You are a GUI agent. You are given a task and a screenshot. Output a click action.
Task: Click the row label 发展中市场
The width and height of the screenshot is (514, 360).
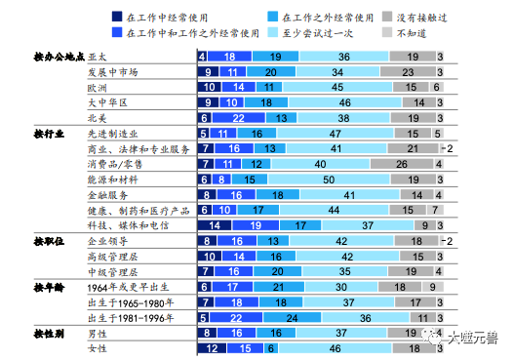point(112,72)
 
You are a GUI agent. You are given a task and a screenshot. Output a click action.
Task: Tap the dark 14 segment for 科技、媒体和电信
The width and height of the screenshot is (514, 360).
point(215,224)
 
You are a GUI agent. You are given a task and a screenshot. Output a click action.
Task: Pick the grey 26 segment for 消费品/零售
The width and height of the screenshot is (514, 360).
point(401,164)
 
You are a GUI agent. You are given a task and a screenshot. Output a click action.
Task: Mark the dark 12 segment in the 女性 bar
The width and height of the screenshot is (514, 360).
point(213,348)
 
